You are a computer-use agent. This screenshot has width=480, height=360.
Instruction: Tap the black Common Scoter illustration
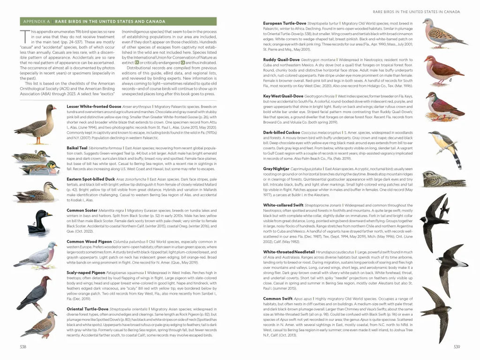(x=37, y=222)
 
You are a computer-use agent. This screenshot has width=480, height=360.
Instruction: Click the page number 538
(x=22, y=347)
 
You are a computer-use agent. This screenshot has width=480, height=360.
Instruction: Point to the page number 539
(x=457, y=347)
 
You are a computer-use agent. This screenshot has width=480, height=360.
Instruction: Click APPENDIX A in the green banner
(x=37, y=22)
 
